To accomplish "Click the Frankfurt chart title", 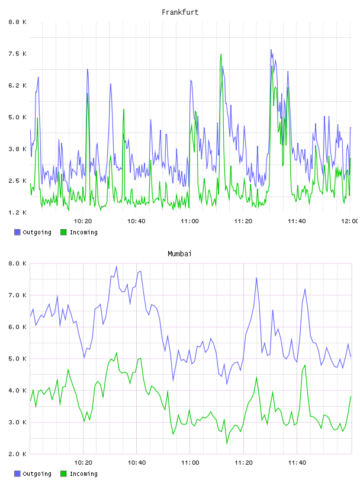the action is coord(180,12).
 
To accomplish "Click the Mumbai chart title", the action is coord(179,254).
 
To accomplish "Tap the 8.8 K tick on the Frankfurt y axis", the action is coord(17,22).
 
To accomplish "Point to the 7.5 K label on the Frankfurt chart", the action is coord(17,54).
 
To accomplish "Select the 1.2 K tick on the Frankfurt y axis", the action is coord(17,212).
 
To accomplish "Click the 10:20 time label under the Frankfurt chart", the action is coord(83,221).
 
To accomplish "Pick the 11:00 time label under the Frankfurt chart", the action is coord(190,221).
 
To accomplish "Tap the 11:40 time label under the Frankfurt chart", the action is coord(297,221).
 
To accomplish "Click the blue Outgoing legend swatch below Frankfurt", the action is coord(17,232).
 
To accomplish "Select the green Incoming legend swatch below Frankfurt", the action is coord(63,232).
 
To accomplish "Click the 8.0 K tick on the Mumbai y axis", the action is coord(17,263).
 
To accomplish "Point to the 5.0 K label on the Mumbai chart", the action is coord(17,359).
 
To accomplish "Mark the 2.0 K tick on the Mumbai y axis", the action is coord(17,454).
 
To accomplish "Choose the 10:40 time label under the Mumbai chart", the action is coord(137,462).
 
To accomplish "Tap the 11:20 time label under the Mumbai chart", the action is coord(243,462).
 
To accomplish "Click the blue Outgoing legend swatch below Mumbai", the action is coord(17,474).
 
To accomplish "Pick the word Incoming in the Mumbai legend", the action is coord(83,474).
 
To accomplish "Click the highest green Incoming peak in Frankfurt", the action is coord(221,54).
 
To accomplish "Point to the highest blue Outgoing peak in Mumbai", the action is coord(117,266).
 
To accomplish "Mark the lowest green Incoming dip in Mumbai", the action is coord(227,444).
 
